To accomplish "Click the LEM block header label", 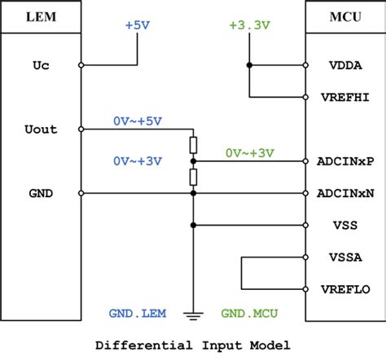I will tap(40, 17).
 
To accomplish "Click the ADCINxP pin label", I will tap(348, 161).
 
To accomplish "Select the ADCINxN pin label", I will tap(348, 193).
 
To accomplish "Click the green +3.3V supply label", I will tap(249, 25).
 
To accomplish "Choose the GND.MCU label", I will tap(248, 313).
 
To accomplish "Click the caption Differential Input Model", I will tap(193, 345).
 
